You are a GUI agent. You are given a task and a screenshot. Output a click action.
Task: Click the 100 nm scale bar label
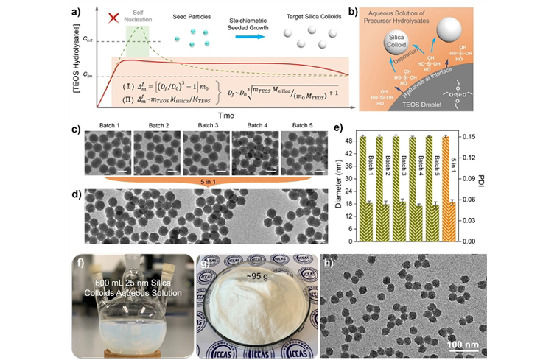466,344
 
